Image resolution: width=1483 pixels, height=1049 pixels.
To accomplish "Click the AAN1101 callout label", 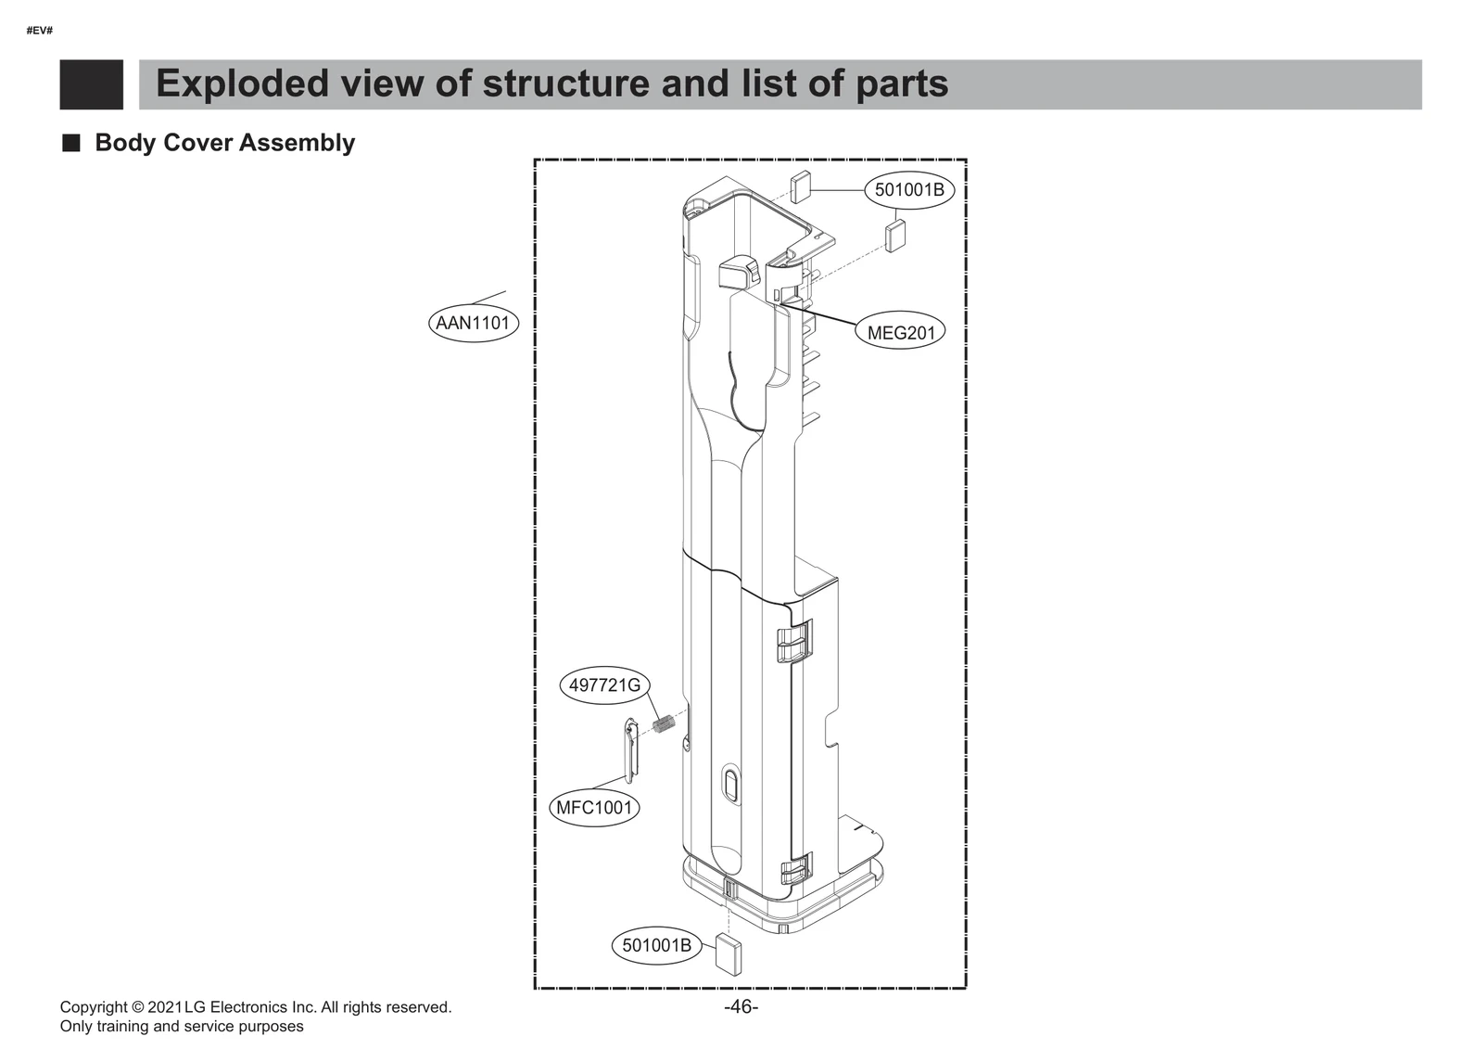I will point(473,323).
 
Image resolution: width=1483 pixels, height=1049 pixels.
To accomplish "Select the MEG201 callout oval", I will point(900,332).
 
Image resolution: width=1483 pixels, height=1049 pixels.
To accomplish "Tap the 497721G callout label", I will point(604,685).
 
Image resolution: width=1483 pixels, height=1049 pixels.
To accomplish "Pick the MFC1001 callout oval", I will point(593,807).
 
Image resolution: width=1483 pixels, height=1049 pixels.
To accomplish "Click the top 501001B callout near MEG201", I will point(909,190).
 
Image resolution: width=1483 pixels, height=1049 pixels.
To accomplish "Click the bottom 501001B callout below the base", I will point(656,945).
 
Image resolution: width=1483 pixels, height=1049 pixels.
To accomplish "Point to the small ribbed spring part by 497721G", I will point(662,723).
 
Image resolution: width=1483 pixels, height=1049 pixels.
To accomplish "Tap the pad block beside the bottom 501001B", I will point(729,953).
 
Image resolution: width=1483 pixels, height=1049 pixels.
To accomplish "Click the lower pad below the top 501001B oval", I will point(895,236).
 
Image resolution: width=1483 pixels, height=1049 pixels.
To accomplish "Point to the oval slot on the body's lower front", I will point(729,784).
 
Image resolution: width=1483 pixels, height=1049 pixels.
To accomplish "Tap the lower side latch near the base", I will point(795,869).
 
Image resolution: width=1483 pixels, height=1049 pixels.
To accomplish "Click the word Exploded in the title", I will point(242,83).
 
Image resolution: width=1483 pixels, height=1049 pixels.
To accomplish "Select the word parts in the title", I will point(901,83).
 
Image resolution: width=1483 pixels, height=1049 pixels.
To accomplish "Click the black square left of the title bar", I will point(91,84).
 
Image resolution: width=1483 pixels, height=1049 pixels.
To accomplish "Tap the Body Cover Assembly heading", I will point(224,143).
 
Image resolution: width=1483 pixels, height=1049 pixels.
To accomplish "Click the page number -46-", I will point(741,1007).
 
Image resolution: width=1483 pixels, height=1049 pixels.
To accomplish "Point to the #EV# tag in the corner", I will point(39,31).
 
